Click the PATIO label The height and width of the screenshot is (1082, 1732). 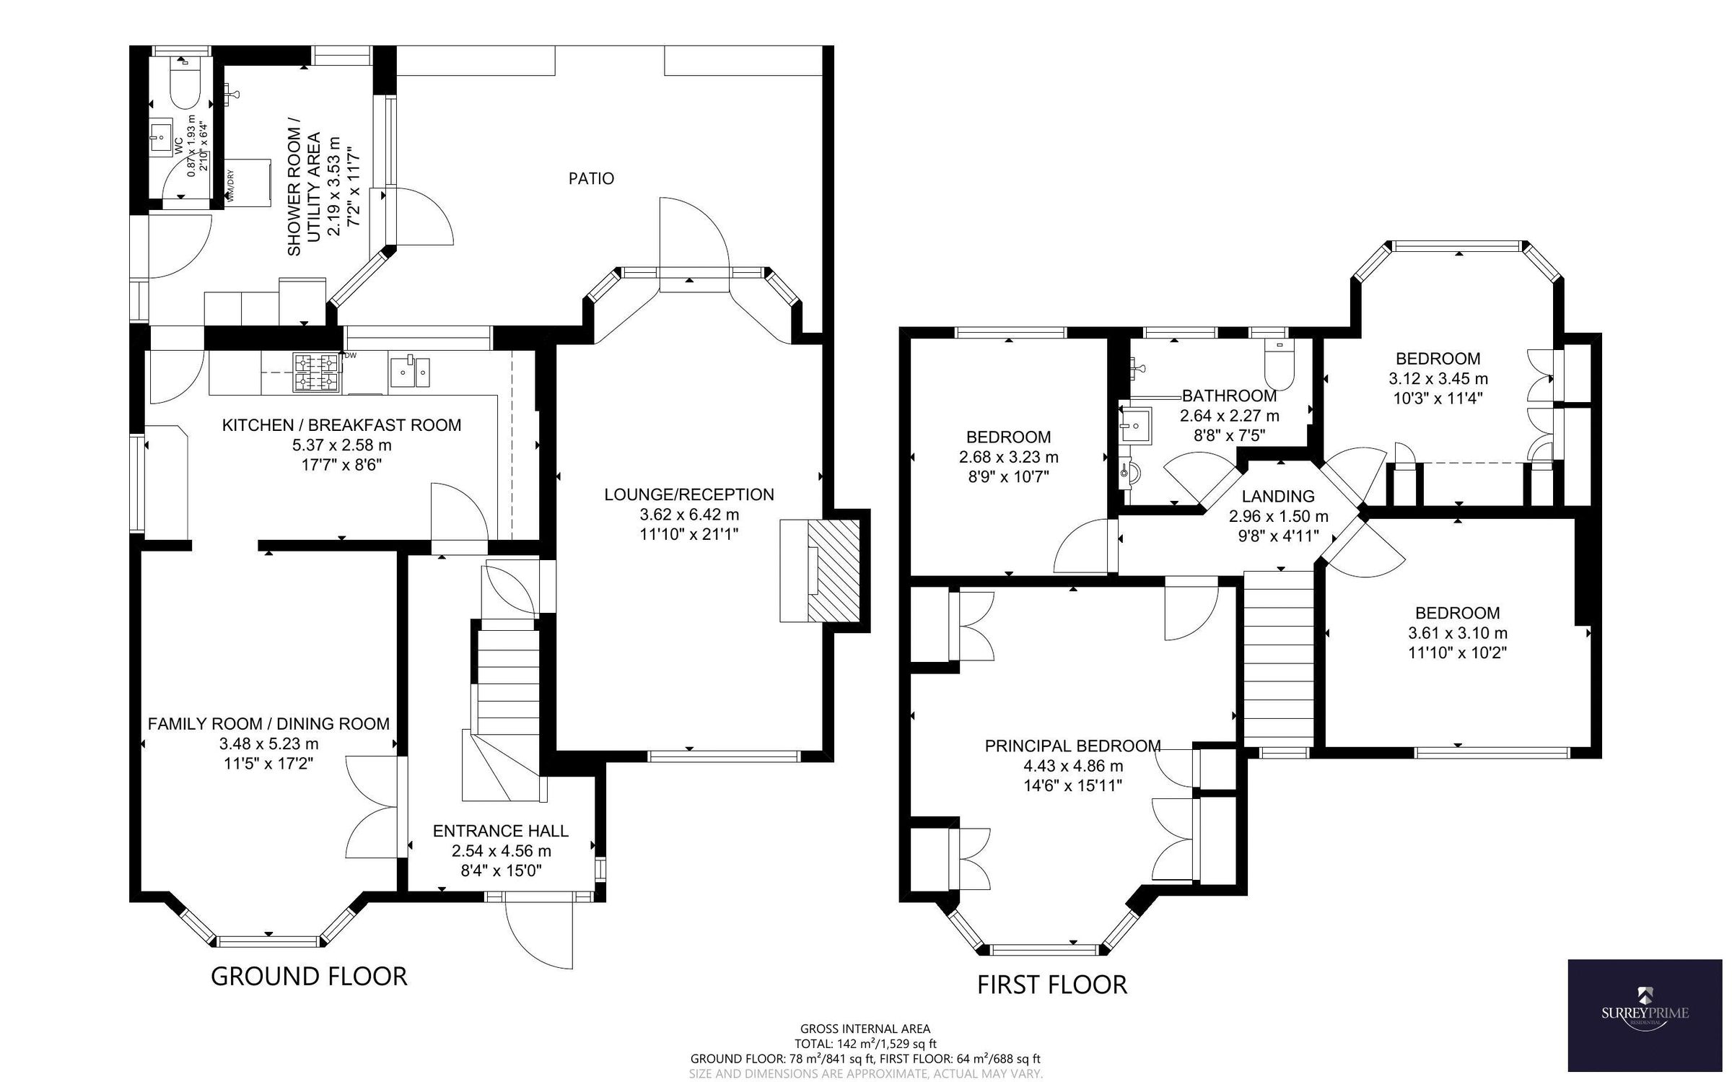pos(591,178)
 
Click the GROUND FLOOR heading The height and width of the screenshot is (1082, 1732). pos(309,976)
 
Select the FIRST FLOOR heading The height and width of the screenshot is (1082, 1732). pos(1051,985)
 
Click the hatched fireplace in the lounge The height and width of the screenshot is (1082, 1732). pos(834,570)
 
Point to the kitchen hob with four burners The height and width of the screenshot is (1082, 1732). pos(315,372)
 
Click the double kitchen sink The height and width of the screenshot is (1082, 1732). pos(410,372)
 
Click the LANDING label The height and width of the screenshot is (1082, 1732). pos(1278,496)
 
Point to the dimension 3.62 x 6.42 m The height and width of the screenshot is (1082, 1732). pos(689,515)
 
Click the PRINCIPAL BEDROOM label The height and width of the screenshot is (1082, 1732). pos(1072,746)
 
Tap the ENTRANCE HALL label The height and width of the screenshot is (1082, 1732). pos(500,831)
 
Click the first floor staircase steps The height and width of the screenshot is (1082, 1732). pos(1278,657)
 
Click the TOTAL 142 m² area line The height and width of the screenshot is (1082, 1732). pos(865,1043)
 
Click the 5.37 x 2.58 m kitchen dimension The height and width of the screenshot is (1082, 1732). pos(341,445)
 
